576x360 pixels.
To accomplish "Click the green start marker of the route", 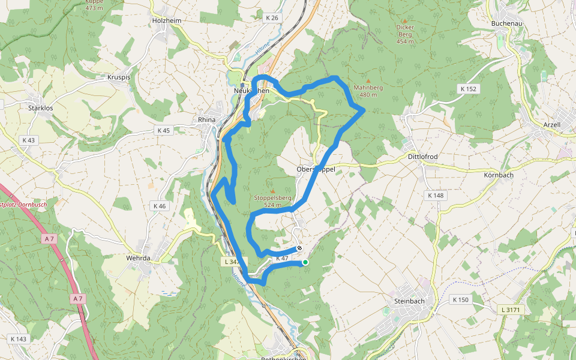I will click(305, 262).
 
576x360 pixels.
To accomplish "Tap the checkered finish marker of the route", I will click(299, 248).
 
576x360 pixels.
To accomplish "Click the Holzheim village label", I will click(167, 20).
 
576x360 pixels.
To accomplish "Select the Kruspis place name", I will click(118, 77).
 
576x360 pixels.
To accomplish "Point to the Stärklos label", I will click(41, 109).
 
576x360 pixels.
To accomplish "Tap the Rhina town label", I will click(206, 120).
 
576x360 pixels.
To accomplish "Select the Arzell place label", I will click(551, 125).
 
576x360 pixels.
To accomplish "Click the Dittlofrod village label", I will click(422, 157).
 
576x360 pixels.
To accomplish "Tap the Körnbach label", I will click(499, 175).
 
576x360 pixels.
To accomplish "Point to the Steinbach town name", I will click(410, 301).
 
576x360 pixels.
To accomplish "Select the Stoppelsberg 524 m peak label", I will click(272, 201).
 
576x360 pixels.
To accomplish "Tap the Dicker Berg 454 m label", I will click(406, 34).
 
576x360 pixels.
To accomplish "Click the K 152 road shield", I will click(468, 89).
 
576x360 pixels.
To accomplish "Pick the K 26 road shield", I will click(272, 18).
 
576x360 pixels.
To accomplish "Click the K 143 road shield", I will click(19, 339).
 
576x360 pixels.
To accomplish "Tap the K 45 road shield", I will click(163, 130).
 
